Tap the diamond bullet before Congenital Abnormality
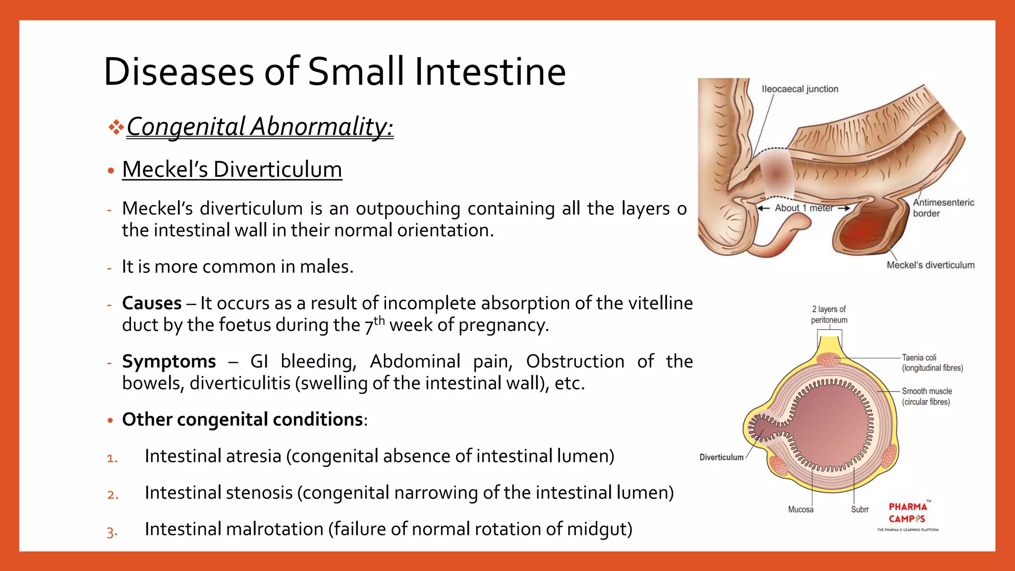coord(116,127)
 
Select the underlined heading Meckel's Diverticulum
coord(232,170)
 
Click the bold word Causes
coord(152,303)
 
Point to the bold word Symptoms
coord(169,361)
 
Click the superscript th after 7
coord(379,320)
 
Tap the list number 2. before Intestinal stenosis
coord(113,495)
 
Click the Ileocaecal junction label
coord(800,89)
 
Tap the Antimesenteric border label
coord(943,208)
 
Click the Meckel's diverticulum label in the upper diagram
coord(930,265)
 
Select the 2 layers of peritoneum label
coord(829,315)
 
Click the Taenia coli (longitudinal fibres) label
coord(932,363)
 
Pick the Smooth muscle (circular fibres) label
coord(926,397)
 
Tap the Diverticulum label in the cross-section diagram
coord(721,457)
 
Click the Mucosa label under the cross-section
coord(800,510)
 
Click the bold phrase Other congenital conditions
coord(242,419)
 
